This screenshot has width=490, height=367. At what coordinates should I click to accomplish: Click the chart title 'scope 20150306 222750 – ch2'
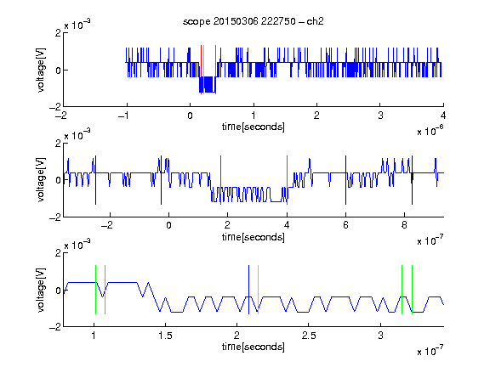click(x=254, y=21)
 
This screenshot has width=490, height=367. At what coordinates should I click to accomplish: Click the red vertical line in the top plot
click(x=202, y=70)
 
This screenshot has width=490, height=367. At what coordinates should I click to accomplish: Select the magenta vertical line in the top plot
click(x=215, y=70)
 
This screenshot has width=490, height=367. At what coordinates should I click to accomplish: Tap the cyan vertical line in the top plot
click(x=204, y=70)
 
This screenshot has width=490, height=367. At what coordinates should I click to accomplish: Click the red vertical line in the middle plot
click(x=220, y=180)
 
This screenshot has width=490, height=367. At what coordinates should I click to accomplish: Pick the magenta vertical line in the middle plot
click(x=288, y=180)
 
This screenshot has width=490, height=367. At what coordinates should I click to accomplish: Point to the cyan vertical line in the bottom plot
click(x=258, y=290)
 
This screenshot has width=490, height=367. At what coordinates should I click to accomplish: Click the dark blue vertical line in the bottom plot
click(x=248, y=290)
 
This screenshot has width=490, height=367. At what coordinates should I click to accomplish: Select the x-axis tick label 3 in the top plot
click(x=380, y=116)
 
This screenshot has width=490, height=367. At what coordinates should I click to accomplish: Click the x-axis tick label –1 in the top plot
click(x=123, y=116)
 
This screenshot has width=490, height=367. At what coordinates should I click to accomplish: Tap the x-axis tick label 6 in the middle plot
click(x=345, y=225)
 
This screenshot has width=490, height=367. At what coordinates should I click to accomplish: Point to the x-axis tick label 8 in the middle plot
click(x=404, y=225)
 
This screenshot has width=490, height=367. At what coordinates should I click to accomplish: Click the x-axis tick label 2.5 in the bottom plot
click(x=309, y=336)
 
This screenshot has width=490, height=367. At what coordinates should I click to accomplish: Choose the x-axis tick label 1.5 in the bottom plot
click(x=165, y=336)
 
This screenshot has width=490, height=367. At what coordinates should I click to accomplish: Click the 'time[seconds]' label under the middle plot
click(x=254, y=238)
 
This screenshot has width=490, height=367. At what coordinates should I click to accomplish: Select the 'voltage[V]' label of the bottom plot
click(x=41, y=290)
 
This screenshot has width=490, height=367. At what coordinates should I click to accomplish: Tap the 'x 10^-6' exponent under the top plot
click(x=430, y=131)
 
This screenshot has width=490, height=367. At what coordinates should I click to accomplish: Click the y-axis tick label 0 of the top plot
click(x=58, y=71)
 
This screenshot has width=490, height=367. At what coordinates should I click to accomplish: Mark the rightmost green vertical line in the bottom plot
click(x=413, y=290)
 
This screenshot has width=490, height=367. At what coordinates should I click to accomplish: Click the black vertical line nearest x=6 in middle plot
click(x=345, y=180)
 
